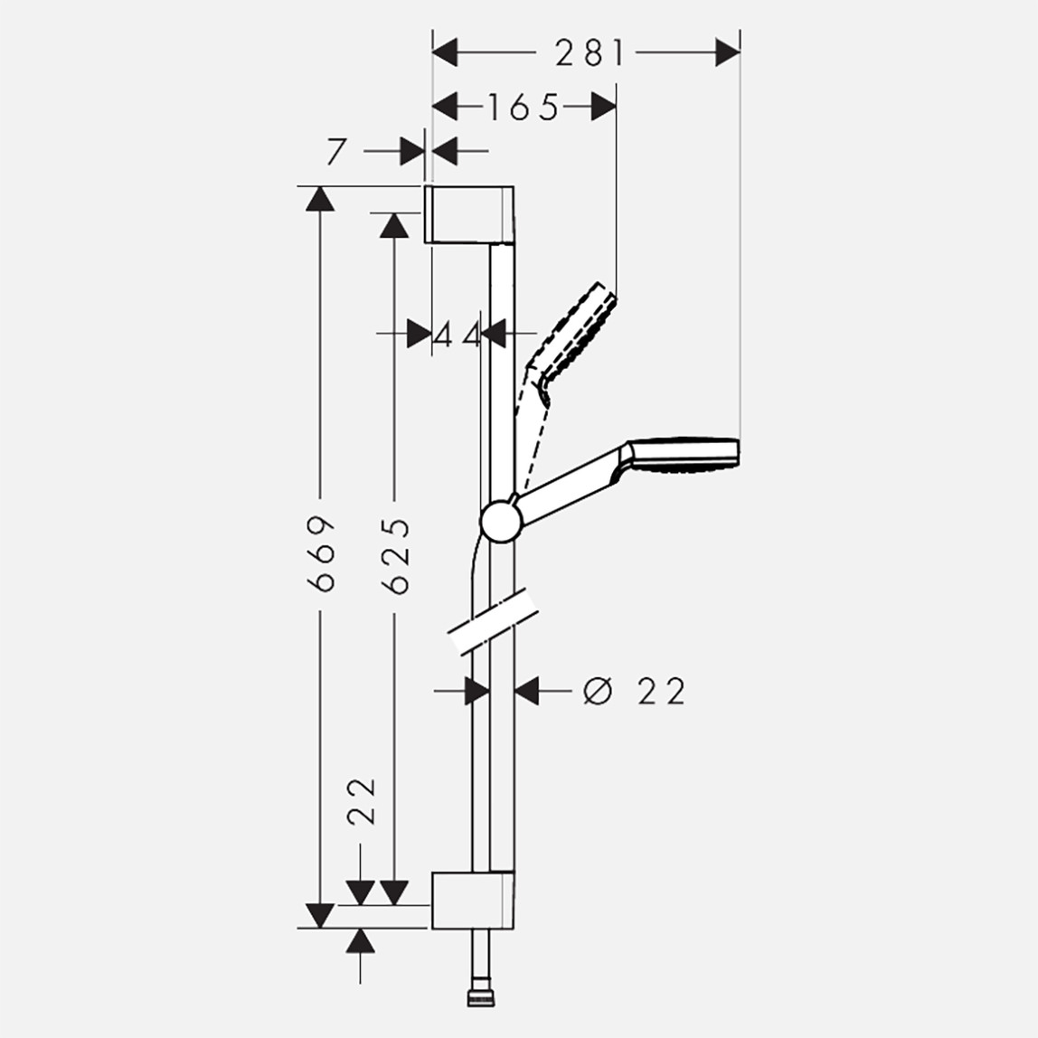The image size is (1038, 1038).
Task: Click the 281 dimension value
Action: (x=590, y=53)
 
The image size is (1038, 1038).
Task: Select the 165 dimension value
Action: (x=524, y=108)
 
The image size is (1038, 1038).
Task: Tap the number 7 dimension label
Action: (x=336, y=152)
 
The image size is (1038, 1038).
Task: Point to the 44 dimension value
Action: (x=457, y=335)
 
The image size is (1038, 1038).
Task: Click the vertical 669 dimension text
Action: (x=322, y=553)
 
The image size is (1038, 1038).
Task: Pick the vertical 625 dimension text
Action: (x=395, y=555)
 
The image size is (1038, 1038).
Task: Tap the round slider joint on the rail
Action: (x=500, y=522)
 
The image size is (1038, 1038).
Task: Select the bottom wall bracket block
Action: (x=472, y=900)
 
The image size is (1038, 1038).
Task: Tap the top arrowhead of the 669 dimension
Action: (x=319, y=198)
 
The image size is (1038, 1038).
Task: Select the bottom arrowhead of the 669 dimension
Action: (x=319, y=915)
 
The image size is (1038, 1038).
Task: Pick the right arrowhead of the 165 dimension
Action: (x=603, y=108)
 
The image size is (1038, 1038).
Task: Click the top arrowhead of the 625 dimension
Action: (x=393, y=224)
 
